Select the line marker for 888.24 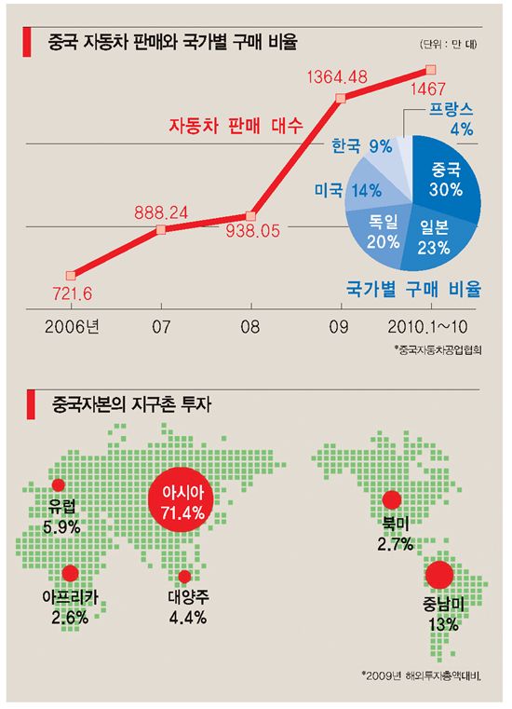tap(161, 228)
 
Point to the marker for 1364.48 tap(341, 97)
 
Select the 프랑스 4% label tap(450, 118)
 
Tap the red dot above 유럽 tap(59, 484)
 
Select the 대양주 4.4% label tap(186, 607)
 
